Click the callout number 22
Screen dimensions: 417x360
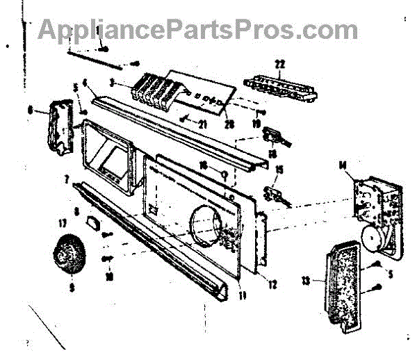pyautogui.click(x=279, y=64)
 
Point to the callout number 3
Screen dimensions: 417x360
pyautogui.click(x=112, y=83)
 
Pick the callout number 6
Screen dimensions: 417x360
pyautogui.click(x=28, y=108)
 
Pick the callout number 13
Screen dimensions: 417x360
pyautogui.click(x=323, y=281)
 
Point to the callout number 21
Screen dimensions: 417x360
pyautogui.click(x=203, y=126)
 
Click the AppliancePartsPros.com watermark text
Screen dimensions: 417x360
pyautogui.click(x=198, y=29)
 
